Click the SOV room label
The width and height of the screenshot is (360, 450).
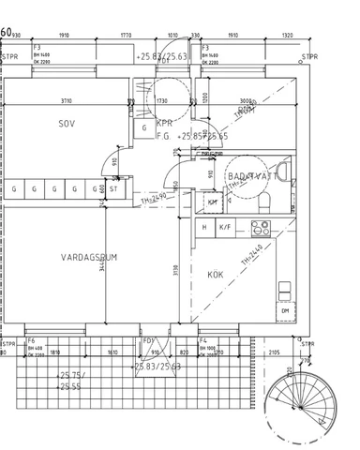click(67, 123)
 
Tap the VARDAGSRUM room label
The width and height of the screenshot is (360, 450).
click(89, 256)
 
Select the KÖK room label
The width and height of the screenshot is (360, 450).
click(217, 275)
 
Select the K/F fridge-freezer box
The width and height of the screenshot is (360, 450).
click(226, 227)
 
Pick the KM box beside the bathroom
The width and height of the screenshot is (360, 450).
click(213, 202)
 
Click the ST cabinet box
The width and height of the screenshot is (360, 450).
click(112, 188)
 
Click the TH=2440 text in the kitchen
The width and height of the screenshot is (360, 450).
click(249, 259)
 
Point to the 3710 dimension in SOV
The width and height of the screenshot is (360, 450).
click(66, 100)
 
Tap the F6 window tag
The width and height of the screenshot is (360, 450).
click(31, 340)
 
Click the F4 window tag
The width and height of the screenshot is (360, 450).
click(202, 340)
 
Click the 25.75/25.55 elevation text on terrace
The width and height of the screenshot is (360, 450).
click(71, 380)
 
